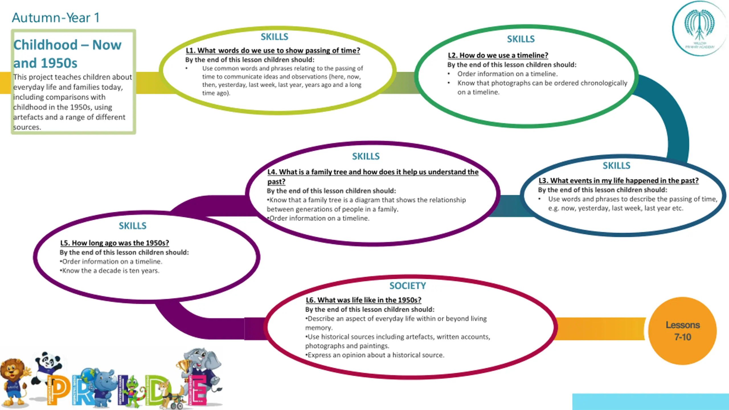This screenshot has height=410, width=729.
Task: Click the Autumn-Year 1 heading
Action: [56, 18]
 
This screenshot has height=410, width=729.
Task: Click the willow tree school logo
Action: [699, 28]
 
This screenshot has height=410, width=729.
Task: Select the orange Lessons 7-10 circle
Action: [682, 331]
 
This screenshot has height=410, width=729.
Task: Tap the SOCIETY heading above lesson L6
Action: [407, 286]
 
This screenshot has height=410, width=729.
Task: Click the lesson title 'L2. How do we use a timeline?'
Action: [498, 55]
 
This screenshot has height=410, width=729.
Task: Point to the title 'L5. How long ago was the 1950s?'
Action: [114, 243]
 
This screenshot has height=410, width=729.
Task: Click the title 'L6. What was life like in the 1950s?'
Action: [363, 300]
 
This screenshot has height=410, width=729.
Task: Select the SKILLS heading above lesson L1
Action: [275, 37]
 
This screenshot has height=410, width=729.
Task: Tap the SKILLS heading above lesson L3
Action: [616, 165]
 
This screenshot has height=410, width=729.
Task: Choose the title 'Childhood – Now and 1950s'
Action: [67, 54]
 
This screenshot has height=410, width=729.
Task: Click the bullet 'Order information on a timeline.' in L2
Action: [507, 74]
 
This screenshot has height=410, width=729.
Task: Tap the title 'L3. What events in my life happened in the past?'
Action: [619, 181]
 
